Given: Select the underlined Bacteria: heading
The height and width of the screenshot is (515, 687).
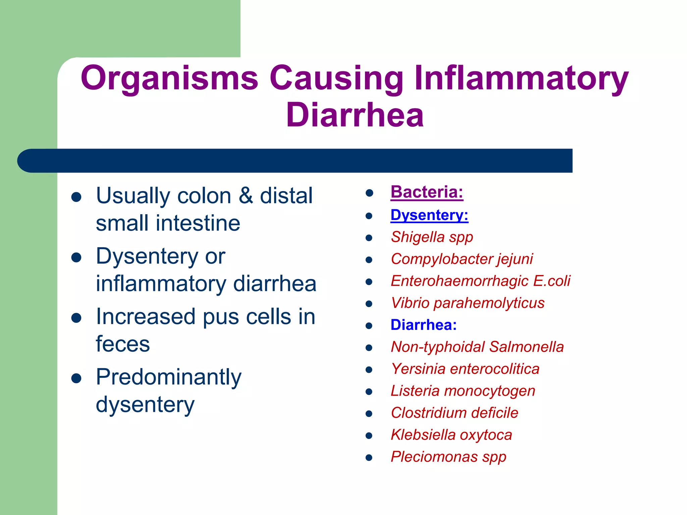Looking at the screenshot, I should click(427, 192).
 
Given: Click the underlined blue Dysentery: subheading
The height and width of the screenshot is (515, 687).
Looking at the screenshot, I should click(429, 215).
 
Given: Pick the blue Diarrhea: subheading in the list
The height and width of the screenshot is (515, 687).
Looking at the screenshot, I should click(424, 325).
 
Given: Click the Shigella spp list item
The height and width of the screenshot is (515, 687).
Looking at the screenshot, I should click(432, 237).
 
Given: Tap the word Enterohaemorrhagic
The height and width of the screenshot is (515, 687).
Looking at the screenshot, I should click(460, 281).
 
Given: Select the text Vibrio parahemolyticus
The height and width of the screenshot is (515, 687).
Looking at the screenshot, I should click(468, 303).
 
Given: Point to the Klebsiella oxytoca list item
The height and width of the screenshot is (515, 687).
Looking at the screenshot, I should click(451, 435).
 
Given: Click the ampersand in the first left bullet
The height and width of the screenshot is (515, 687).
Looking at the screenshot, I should click(246, 196).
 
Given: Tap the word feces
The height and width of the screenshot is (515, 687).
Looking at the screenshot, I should click(123, 344).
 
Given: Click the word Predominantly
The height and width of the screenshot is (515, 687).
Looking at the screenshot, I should click(168, 377).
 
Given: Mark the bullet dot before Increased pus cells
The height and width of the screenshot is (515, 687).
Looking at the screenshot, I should click(76, 318).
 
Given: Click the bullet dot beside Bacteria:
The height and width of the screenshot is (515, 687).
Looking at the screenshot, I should click(369, 193).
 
